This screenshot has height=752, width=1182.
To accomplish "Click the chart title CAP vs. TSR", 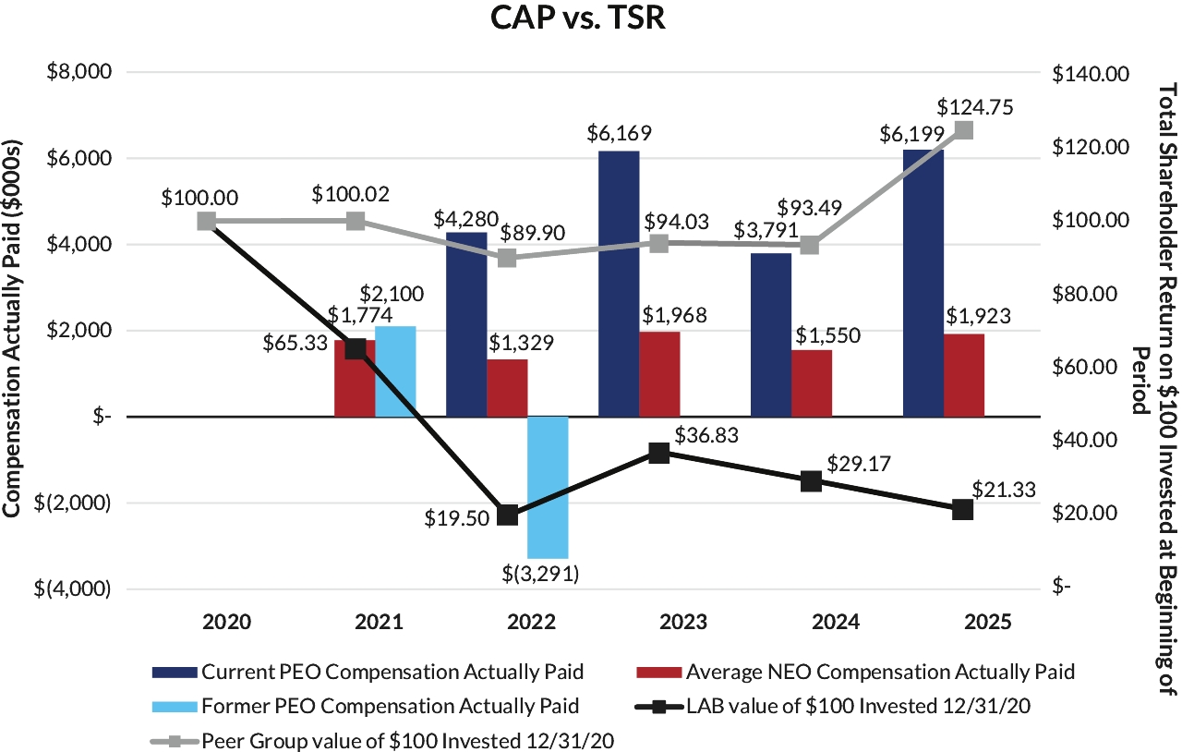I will point(578,19).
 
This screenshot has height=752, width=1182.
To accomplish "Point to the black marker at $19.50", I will point(506,515).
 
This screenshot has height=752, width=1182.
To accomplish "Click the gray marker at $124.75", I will point(964,130).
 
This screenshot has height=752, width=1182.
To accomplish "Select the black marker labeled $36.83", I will point(659,453).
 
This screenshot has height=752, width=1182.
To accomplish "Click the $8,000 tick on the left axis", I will point(78,72).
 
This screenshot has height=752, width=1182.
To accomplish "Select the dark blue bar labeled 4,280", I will point(466,324).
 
